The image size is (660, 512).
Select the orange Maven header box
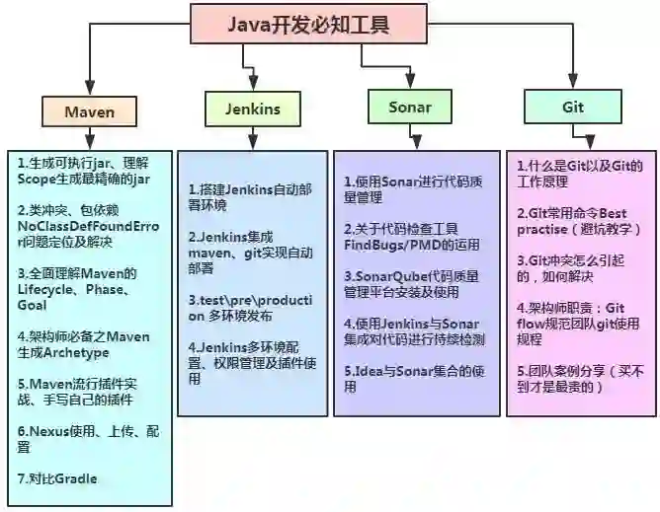pyautogui.click(x=90, y=111)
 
